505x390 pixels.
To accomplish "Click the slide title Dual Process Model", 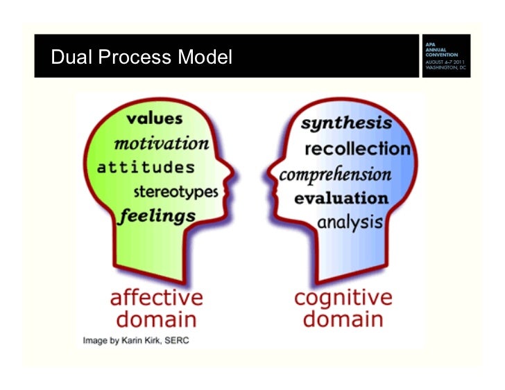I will (x=142, y=57).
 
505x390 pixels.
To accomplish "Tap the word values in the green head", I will (x=154, y=118).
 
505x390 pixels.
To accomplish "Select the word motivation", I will (x=161, y=143).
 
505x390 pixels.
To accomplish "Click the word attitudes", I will (x=146, y=168).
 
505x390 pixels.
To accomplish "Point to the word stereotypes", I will (x=176, y=191).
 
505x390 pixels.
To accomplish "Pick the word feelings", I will (x=157, y=215).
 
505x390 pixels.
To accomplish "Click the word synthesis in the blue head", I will (x=346, y=125).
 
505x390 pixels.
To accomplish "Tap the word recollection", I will (x=357, y=149).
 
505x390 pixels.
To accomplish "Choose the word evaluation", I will (x=341, y=198).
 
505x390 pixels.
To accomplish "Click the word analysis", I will (x=350, y=222).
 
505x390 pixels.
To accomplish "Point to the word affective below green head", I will (x=157, y=298).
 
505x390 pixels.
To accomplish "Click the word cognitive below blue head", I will (x=343, y=298).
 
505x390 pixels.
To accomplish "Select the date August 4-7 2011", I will (x=446, y=63).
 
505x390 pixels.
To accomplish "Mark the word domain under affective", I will (x=157, y=319).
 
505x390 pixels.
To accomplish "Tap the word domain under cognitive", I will (x=343, y=319).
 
